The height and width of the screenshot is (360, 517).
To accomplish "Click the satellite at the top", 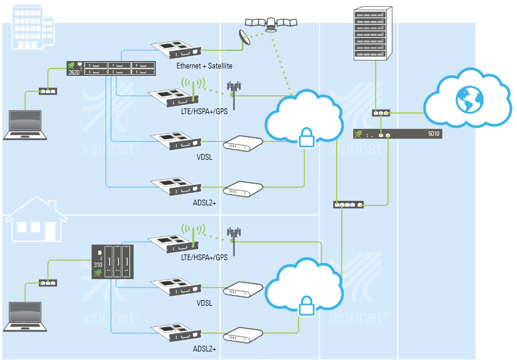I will click(x=271, y=23).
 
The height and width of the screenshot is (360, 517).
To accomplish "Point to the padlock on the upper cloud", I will click(x=305, y=137).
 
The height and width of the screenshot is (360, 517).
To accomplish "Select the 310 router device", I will click(x=112, y=262).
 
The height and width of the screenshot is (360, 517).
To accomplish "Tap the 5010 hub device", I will click(x=397, y=135).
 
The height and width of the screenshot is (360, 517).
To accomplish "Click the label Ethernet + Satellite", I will click(x=204, y=66).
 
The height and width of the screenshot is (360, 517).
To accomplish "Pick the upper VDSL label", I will click(x=204, y=157).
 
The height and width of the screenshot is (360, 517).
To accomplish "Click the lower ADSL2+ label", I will click(x=204, y=348).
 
